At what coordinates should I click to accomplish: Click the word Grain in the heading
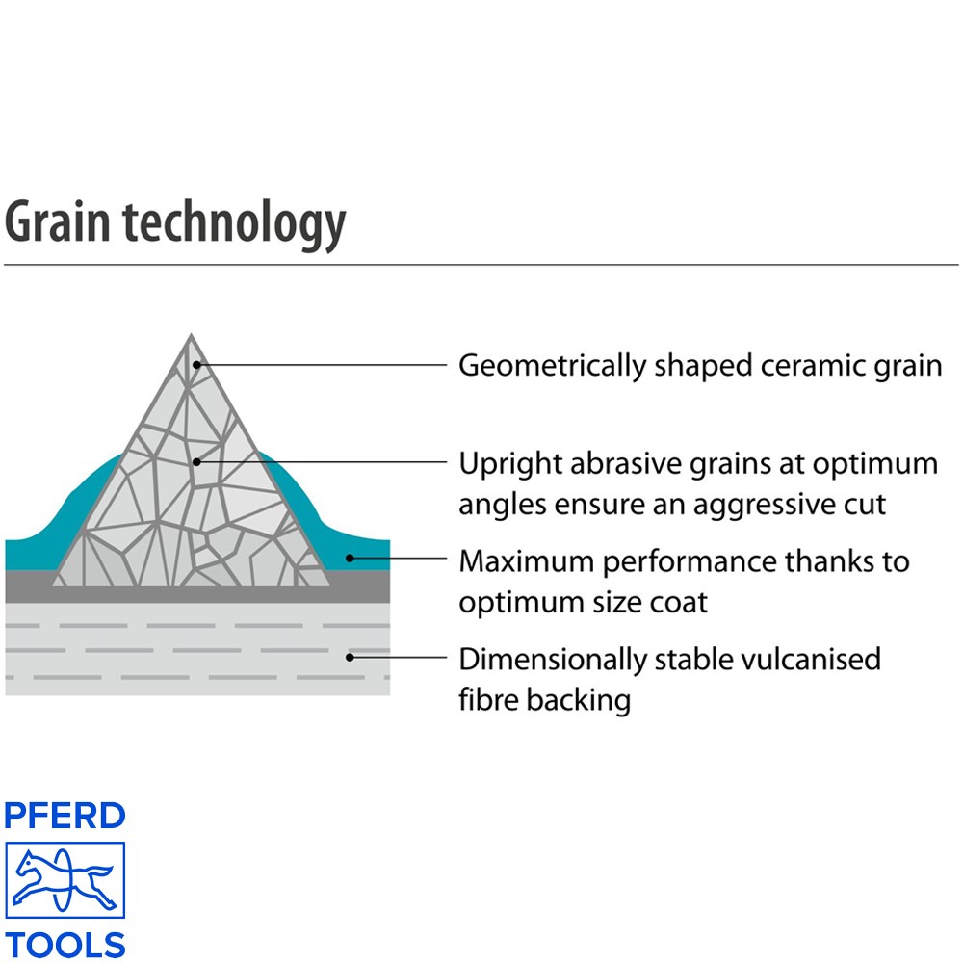[58, 221]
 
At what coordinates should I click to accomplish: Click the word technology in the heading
[235, 224]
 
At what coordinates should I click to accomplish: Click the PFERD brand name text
[65, 816]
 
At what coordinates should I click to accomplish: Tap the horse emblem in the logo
[65, 880]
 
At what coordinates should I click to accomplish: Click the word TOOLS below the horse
[65, 945]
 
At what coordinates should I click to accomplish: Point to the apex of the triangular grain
[191, 335]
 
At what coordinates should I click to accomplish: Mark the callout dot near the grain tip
[196, 365]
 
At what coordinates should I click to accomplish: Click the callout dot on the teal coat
[350, 559]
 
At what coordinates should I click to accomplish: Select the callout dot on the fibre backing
[350, 657]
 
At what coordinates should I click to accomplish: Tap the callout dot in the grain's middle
[196, 462]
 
